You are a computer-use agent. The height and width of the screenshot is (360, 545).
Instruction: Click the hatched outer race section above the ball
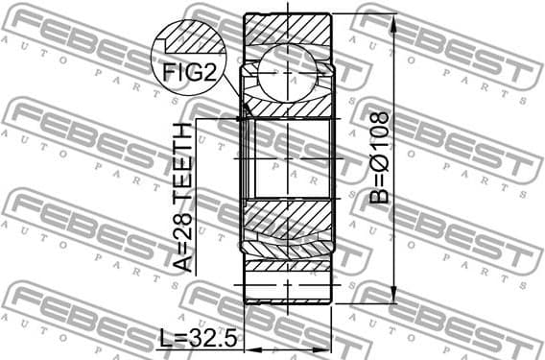[x=288, y=29]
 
